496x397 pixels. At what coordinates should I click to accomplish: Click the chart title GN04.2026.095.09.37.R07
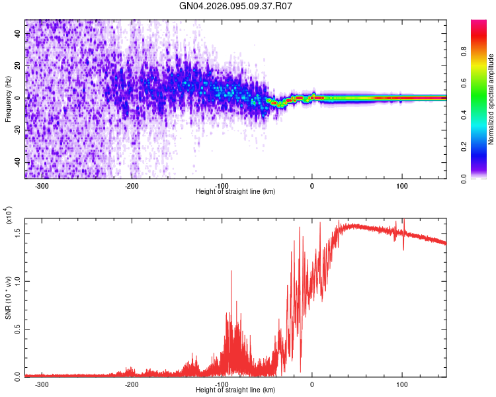point(235,6)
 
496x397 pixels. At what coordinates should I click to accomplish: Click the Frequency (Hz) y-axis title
point(9,99)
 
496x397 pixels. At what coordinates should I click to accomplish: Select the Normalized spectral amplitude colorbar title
point(491,99)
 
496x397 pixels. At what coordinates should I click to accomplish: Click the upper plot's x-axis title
point(235,191)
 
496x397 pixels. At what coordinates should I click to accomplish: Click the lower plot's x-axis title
point(235,389)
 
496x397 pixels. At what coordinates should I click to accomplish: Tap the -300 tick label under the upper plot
point(41,185)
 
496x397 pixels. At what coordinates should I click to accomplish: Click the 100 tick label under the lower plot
point(401,384)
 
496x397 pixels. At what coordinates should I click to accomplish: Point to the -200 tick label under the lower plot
point(132,384)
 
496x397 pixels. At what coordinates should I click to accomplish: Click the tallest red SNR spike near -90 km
point(231,271)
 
